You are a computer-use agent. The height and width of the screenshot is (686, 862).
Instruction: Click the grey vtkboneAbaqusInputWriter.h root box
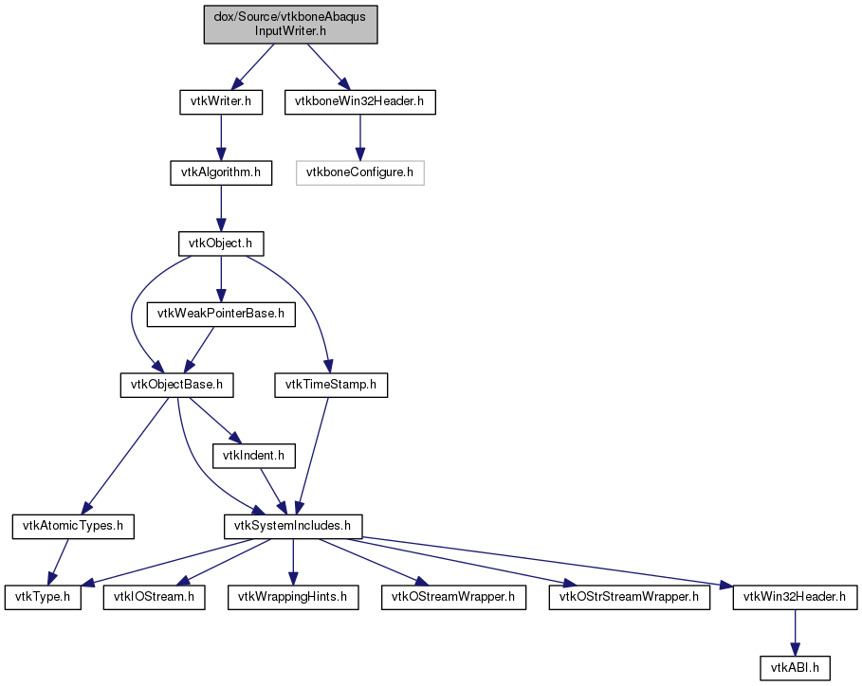[x=290, y=25]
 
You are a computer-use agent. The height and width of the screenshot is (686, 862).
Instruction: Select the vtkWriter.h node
[x=220, y=102]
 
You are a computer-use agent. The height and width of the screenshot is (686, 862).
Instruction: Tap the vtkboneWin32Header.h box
[x=360, y=102]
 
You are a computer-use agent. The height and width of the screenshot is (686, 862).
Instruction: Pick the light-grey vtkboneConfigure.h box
[x=360, y=172]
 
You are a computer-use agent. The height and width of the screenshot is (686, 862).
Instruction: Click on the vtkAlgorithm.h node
[x=220, y=172]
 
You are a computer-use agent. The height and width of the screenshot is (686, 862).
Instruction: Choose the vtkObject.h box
[x=220, y=244]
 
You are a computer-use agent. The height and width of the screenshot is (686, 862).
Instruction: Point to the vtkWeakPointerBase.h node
[x=220, y=315]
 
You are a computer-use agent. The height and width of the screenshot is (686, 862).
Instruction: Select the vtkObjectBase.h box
[x=176, y=385]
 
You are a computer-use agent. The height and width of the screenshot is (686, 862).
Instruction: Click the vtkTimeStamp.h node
[x=331, y=385]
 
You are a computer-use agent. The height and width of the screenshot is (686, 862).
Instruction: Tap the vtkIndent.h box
[x=253, y=456]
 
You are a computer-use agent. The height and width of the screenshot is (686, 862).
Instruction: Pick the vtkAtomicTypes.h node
[x=73, y=526]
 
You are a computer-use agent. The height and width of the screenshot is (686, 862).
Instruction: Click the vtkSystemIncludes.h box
[x=293, y=526]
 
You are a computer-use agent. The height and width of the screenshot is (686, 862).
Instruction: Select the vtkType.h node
[x=43, y=597]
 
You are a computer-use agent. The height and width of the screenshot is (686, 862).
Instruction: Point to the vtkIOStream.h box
[x=154, y=597]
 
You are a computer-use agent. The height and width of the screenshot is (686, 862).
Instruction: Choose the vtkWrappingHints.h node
[x=293, y=597]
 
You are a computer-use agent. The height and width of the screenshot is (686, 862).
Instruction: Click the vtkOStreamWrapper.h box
[x=453, y=597]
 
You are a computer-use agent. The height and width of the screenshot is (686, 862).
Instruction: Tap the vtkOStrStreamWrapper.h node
[x=629, y=597]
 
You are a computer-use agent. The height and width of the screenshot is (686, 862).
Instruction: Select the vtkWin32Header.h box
[x=795, y=597]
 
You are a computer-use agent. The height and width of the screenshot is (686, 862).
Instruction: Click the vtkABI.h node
[x=795, y=668]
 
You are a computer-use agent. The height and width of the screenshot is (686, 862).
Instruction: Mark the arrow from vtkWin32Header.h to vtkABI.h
[x=795, y=633]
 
